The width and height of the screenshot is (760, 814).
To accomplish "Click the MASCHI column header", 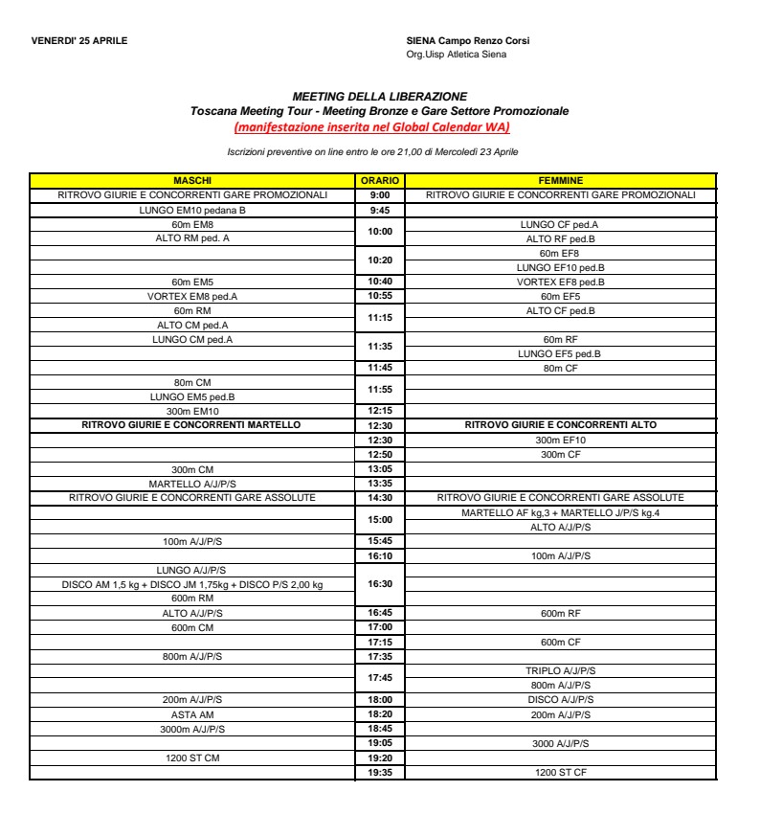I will click(x=191, y=180).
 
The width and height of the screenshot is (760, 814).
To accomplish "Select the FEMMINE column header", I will click(x=561, y=180).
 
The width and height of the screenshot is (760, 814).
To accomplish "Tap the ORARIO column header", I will click(x=380, y=180).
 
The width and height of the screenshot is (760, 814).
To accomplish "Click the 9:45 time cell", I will click(x=380, y=208).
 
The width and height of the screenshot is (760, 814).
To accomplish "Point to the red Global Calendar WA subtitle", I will click(x=380, y=127).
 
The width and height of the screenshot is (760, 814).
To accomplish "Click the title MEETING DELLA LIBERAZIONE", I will click(x=380, y=97).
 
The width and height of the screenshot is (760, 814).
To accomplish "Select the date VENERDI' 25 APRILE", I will click(x=78, y=40).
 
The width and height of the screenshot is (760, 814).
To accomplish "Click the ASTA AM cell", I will click(x=191, y=714).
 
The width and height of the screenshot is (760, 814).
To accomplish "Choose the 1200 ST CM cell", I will click(x=191, y=757).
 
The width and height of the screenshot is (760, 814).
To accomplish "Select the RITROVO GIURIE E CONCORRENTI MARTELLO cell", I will click(x=191, y=424).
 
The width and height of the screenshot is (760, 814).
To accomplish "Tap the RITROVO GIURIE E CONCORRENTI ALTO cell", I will click(x=561, y=424).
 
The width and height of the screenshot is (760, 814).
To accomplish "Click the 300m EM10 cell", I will click(x=191, y=410).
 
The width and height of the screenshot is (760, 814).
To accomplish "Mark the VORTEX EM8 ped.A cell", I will click(x=191, y=297).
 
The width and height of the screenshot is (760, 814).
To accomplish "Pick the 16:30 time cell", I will click(x=380, y=583).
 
